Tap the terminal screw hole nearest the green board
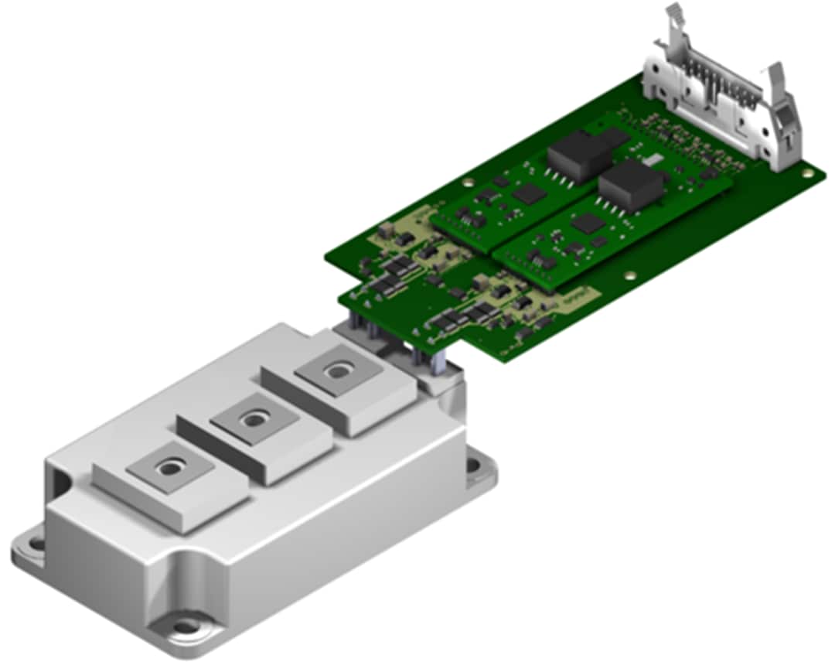337,371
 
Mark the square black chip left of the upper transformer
529,193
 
